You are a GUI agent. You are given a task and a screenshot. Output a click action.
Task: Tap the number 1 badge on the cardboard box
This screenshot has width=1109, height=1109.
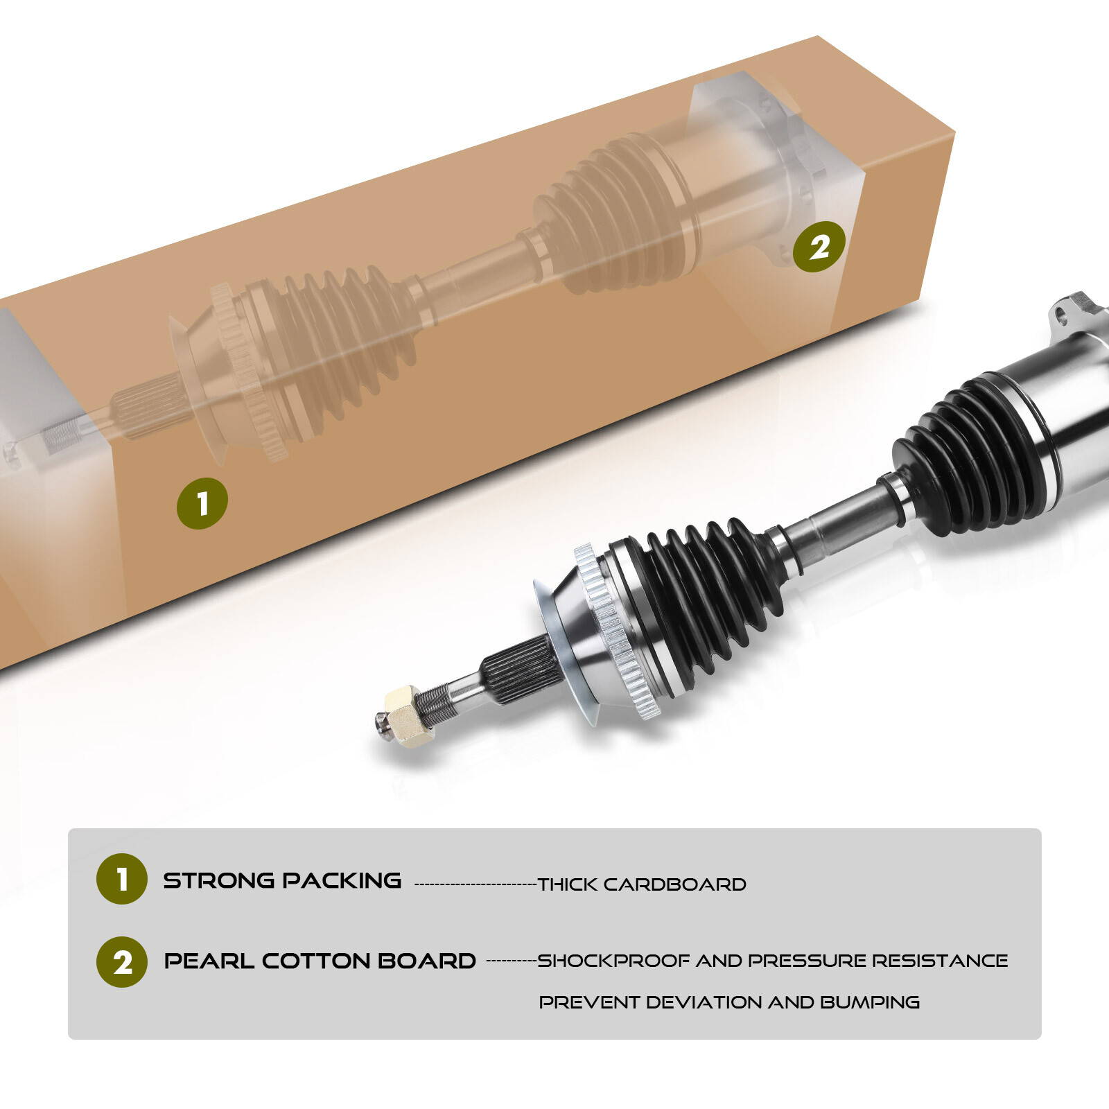pos(202,503)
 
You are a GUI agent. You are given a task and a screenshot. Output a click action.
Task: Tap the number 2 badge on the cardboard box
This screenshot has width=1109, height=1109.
pos(819,247)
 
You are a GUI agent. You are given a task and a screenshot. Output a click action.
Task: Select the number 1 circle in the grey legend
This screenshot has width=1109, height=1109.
pos(122,879)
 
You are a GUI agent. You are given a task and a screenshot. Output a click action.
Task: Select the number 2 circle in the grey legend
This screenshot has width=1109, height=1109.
pos(122,962)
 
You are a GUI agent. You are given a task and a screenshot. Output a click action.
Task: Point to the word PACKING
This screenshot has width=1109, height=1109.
pos(342,881)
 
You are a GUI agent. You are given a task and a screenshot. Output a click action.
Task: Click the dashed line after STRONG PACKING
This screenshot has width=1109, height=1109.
pos(475,884)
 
